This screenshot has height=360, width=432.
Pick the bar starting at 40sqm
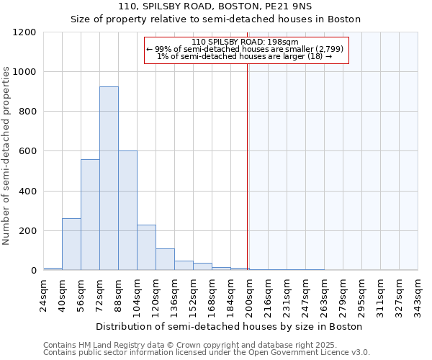tap(71, 244)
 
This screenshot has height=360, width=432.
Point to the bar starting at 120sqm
tap(165, 259)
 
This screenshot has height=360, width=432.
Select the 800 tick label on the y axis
tap(27, 112)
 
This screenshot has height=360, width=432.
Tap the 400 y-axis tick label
tap(27, 192)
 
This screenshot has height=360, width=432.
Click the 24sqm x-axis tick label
tap(44, 294)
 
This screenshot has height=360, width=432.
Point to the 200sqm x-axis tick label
tap(250, 294)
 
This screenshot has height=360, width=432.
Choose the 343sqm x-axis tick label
tap(418, 294)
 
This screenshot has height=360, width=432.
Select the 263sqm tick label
tap(325, 294)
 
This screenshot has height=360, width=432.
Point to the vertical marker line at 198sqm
tap(247, 166)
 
